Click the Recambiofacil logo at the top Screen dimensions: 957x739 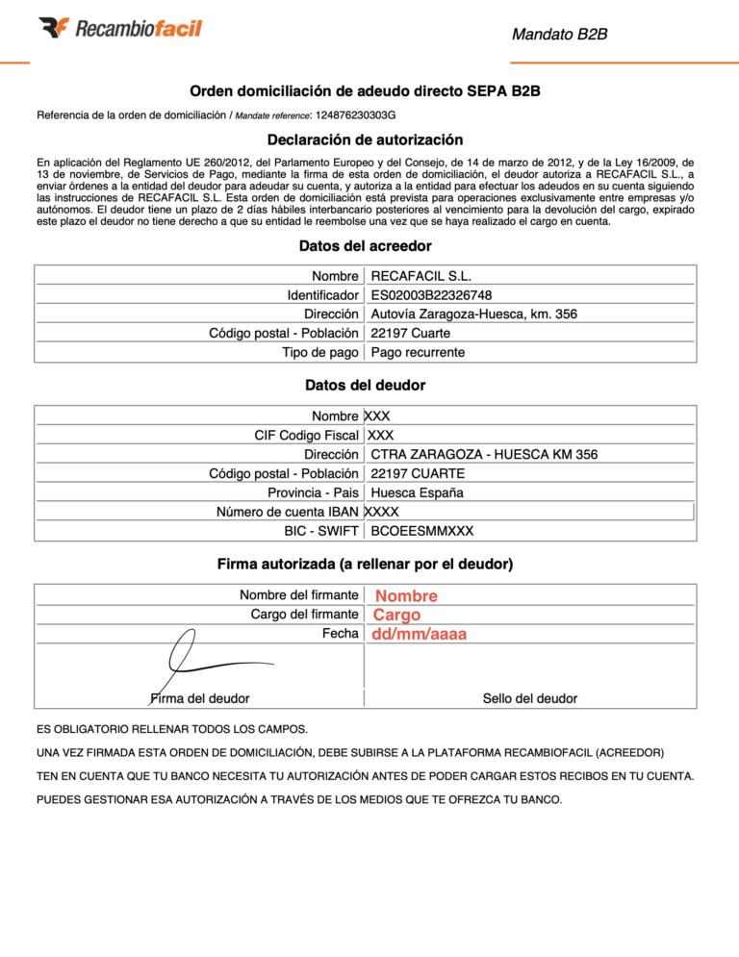pos(120,28)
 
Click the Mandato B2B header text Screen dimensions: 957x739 pos(559,35)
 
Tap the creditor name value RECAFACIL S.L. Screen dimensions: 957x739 pos(420,276)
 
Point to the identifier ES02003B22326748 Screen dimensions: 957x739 pos(438,295)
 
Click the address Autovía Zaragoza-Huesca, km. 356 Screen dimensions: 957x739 pos(473,314)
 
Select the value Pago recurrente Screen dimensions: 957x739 pos(418,352)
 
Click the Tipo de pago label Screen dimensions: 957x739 pos(320,352)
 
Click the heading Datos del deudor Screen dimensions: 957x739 pos(365,386)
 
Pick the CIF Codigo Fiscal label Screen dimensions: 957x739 pos(306,436)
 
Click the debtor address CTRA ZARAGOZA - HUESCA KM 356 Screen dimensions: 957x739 pos(484,455)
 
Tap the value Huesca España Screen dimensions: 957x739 pos(417,492)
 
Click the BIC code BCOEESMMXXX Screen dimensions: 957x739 pos(421,531)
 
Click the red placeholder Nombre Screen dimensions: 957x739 pos(406,596)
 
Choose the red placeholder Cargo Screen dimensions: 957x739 pos(396,616)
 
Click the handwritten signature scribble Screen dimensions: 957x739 pos(207,661)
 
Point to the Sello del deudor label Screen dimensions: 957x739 pos(529,698)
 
